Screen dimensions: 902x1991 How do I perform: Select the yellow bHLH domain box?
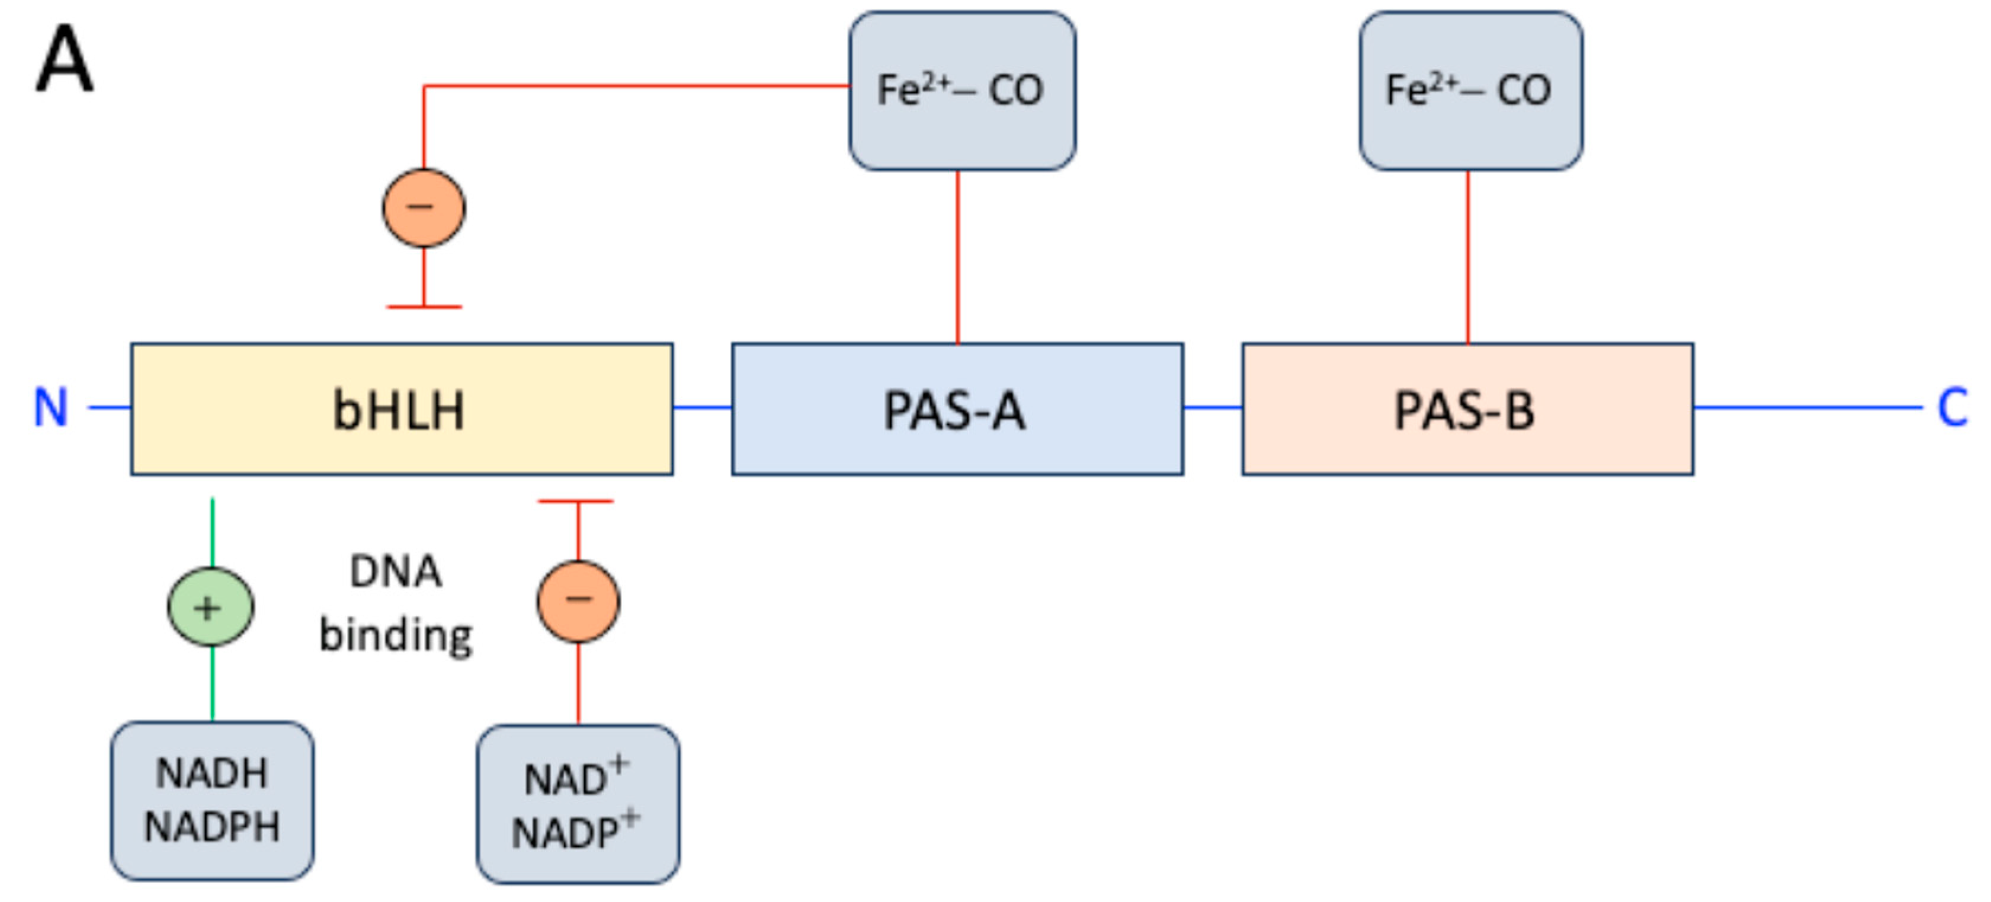click(401, 409)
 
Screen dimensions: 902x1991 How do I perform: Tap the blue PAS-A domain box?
click(957, 409)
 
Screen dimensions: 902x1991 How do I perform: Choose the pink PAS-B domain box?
click(1467, 409)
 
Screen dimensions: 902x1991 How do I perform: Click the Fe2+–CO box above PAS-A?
click(961, 91)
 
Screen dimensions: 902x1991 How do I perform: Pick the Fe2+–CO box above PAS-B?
click(1470, 91)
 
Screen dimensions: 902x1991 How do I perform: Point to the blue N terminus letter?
click(51, 407)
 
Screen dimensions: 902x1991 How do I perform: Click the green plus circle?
click(210, 607)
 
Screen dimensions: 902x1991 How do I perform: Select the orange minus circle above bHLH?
click(424, 207)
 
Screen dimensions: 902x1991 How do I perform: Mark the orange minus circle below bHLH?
click(578, 600)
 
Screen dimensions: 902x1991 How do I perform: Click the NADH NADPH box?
click(211, 800)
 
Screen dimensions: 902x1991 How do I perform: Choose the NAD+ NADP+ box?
click(578, 804)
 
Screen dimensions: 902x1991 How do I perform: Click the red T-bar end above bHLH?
click(424, 307)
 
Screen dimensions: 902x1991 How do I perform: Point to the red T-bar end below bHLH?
click(576, 501)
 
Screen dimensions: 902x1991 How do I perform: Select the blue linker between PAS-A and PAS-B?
click(1212, 407)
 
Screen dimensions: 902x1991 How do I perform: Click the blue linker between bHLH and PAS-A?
click(702, 407)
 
